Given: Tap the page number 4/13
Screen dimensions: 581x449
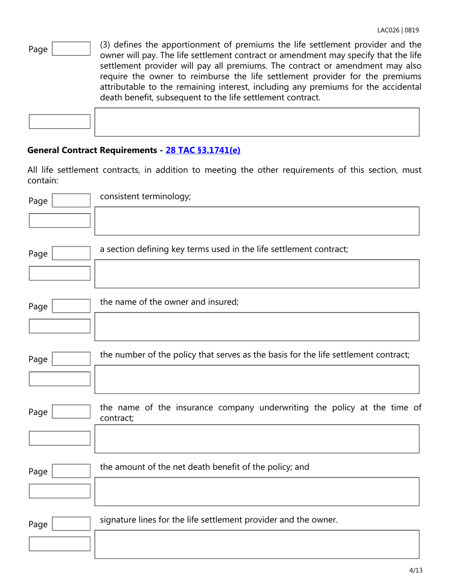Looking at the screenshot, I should (x=415, y=571).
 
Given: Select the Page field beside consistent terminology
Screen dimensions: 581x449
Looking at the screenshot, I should (x=70, y=201).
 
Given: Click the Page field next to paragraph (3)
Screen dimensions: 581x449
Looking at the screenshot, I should (x=70, y=49).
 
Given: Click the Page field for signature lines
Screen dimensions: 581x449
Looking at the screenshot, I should (x=70, y=524).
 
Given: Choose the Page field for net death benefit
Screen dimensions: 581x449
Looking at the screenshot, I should (x=70, y=471).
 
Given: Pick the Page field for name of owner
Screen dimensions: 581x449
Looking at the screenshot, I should (x=70, y=307).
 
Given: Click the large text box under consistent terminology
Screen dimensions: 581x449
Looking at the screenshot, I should (x=257, y=221).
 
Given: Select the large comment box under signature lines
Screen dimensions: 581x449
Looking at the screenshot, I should (x=257, y=544).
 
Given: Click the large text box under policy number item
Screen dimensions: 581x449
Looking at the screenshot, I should (x=257, y=379).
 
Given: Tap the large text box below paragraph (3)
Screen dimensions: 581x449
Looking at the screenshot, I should (x=257, y=122).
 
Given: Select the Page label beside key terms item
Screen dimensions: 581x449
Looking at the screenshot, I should (x=38, y=254).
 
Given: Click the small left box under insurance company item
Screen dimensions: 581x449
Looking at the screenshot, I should (x=59, y=438).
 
